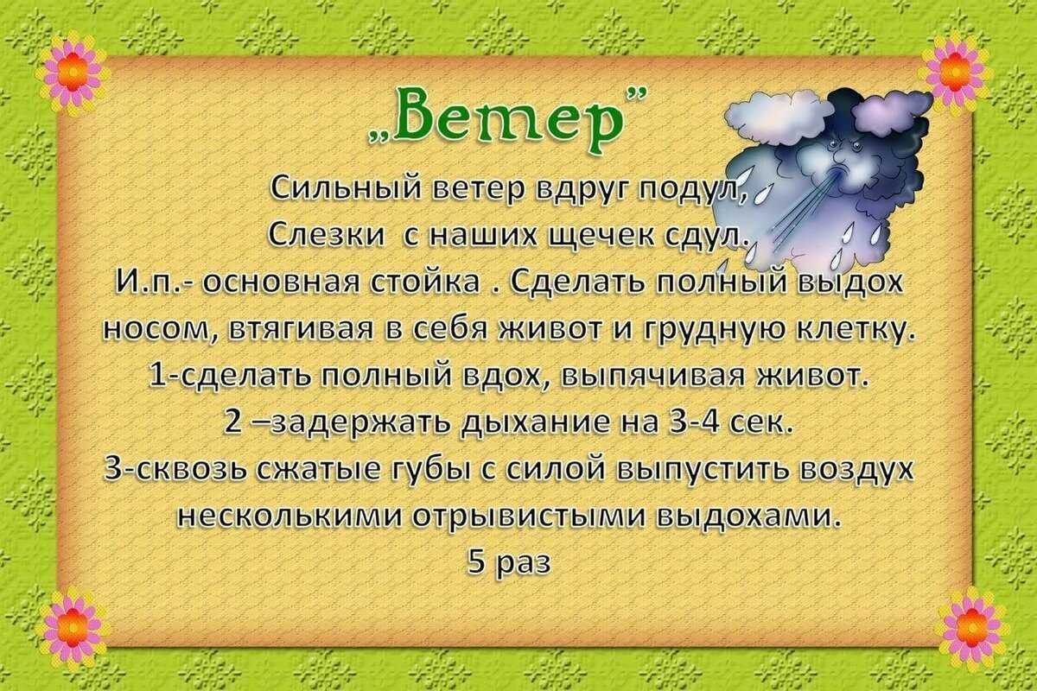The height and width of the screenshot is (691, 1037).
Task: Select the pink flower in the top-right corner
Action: [954, 72]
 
